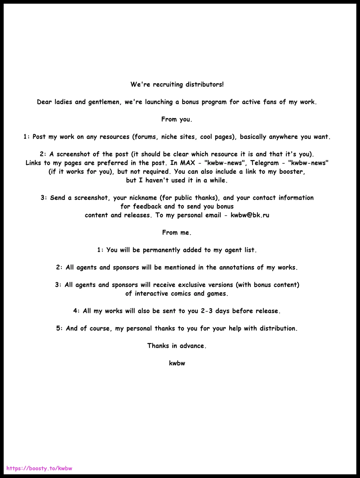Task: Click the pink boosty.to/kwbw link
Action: click(x=39, y=468)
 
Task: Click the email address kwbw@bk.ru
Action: click(x=250, y=215)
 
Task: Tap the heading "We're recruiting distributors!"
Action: click(x=177, y=84)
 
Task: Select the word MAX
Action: click(x=187, y=163)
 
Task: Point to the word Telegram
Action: click(x=264, y=163)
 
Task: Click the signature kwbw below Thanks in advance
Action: click(x=177, y=363)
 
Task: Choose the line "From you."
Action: click(x=177, y=119)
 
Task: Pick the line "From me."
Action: click(x=177, y=233)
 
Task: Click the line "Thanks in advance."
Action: click(x=177, y=346)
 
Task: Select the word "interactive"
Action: click(x=152, y=294)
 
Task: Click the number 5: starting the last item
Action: click(x=59, y=329)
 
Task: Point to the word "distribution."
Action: click(x=278, y=329)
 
